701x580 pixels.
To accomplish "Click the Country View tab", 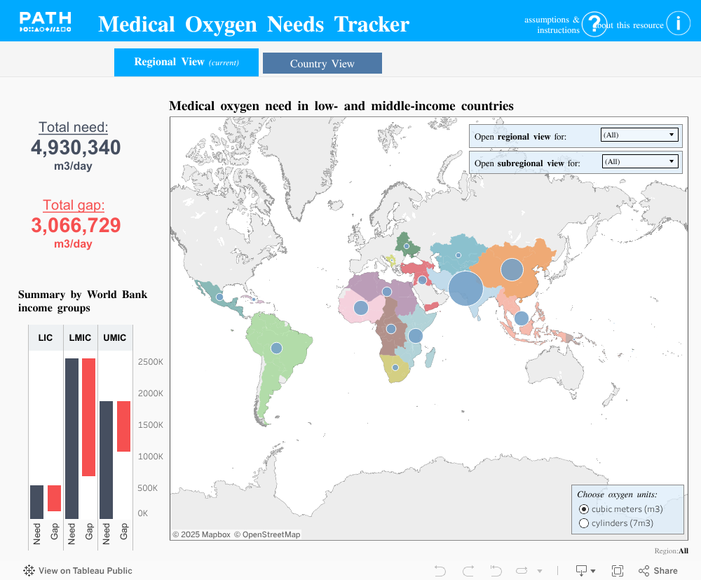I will (322, 63).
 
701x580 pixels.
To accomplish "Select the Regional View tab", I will (186, 62).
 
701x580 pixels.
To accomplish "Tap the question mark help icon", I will (594, 25).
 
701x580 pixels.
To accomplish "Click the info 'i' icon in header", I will (678, 23).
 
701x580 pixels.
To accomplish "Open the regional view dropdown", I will (639, 135).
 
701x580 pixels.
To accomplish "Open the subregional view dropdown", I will (640, 161).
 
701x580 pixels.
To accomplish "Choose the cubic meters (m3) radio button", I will (584, 509).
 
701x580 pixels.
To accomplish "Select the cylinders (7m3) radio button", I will (584, 523).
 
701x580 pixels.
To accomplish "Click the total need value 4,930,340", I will (76, 148).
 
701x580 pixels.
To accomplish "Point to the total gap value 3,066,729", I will (76, 225).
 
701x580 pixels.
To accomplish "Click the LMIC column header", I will (80, 338).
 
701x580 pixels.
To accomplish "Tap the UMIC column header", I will (114, 338).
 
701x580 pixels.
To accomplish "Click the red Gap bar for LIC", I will (55, 498).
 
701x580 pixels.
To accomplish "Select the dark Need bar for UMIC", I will (106, 459).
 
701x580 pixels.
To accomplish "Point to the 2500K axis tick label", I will (150, 362).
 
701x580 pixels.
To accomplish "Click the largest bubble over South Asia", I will (465, 288).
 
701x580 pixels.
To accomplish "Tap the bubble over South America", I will (276, 348).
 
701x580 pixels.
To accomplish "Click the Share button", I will (658, 571).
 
